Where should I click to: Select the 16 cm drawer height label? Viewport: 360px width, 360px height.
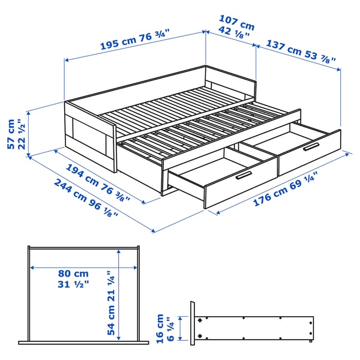[160, 329]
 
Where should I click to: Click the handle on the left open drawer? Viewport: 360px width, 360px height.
[243, 175]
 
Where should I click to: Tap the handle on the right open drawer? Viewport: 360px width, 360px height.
[311, 146]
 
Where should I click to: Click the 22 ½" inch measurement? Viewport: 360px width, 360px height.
[23, 137]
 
